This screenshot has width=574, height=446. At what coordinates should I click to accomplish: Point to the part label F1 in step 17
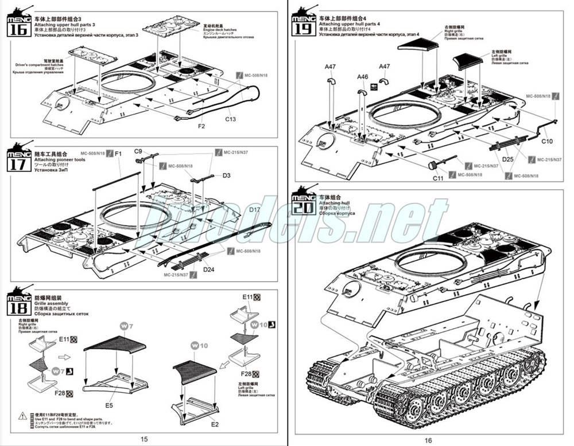click(118, 154)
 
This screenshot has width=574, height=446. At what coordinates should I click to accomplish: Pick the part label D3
click(226, 175)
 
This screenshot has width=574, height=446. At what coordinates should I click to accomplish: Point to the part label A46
click(362, 77)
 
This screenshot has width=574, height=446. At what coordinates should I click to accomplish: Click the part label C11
click(437, 178)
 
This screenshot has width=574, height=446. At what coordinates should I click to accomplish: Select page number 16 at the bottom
click(428, 439)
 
